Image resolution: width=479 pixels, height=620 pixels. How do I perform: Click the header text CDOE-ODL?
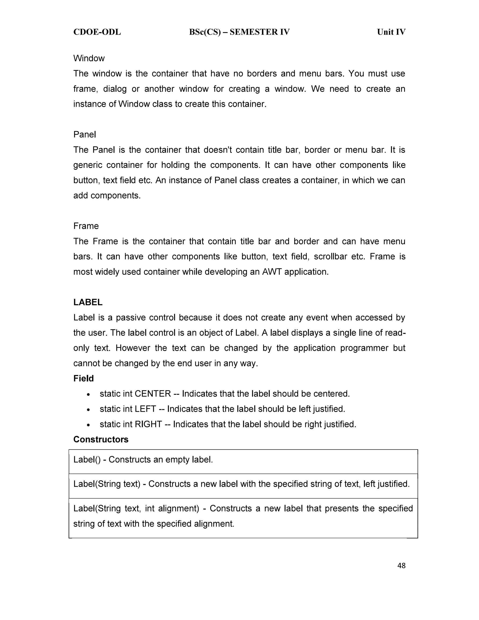[x=97, y=32]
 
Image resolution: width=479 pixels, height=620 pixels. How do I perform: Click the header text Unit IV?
[x=391, y=32]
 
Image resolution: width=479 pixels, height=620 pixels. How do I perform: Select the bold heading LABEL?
[x=88, y=302]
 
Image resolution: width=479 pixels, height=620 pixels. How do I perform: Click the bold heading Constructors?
[x=101, y=439]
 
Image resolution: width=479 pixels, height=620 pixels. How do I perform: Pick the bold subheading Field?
[x=83, y=378]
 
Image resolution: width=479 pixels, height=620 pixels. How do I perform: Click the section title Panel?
[x=85, y=135]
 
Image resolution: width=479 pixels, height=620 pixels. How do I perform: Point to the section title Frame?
[x=86, y=226]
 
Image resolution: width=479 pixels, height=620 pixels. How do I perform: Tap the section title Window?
[x=89, y=58]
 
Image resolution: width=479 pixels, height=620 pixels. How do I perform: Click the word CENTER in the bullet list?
[x=153, y=394]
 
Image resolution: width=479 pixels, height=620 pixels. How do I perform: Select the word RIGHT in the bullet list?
[x=148, y=424]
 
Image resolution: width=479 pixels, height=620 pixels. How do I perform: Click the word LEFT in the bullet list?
[x=145, y=409]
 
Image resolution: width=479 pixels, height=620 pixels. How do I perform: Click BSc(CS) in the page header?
[x=205, y=32]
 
